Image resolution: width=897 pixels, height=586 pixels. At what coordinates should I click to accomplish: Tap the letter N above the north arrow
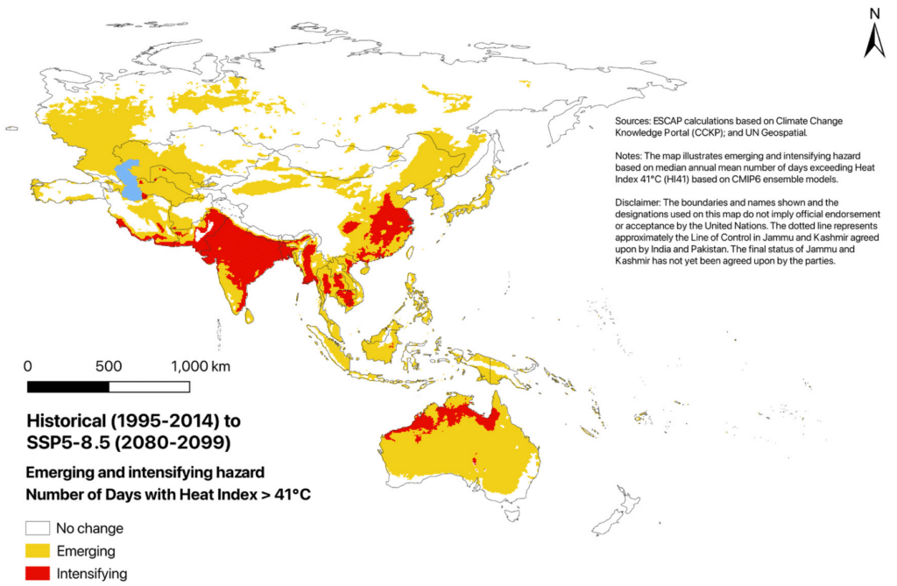[873, 12]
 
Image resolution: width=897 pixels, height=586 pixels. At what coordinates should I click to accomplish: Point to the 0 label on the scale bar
[28, 365]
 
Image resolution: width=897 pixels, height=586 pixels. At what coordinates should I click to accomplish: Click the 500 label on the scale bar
[109, 365]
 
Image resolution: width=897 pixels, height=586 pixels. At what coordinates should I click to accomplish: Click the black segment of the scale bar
[68, 386]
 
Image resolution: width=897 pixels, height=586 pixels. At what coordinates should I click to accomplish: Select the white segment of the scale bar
[149, 386]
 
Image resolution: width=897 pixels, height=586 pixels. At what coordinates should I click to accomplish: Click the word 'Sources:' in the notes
[635, 121]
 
